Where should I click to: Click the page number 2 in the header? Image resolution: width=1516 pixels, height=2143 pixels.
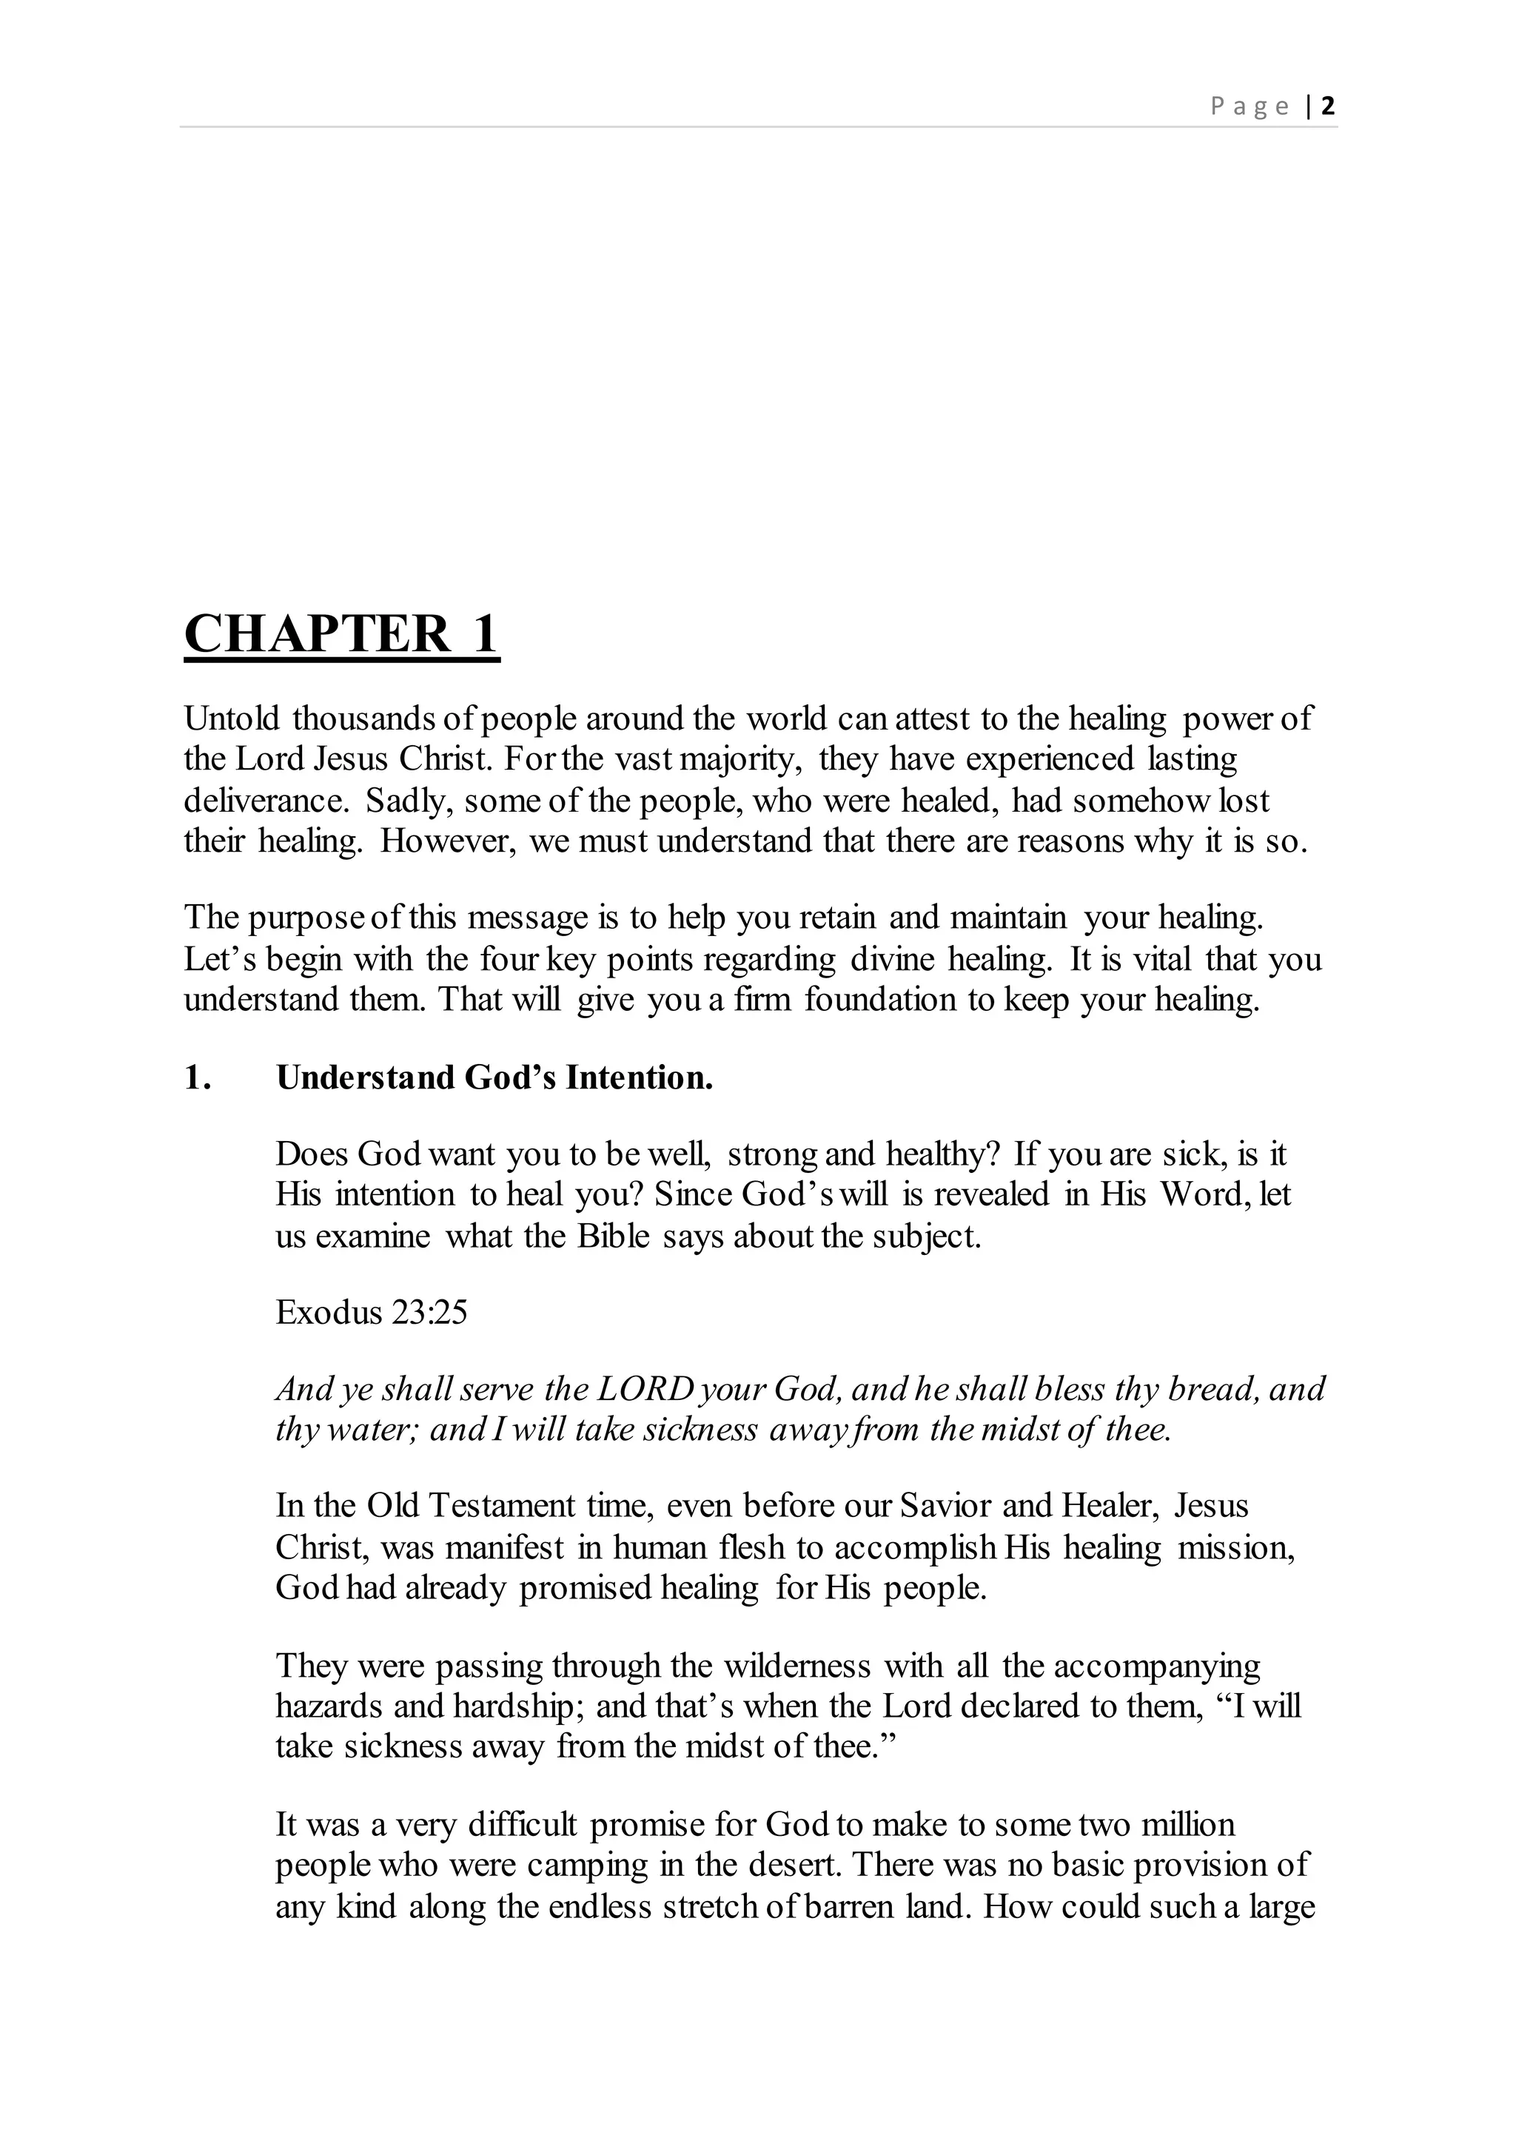click(1329, 106)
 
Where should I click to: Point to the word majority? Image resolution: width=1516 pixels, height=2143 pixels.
click(739, 760)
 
